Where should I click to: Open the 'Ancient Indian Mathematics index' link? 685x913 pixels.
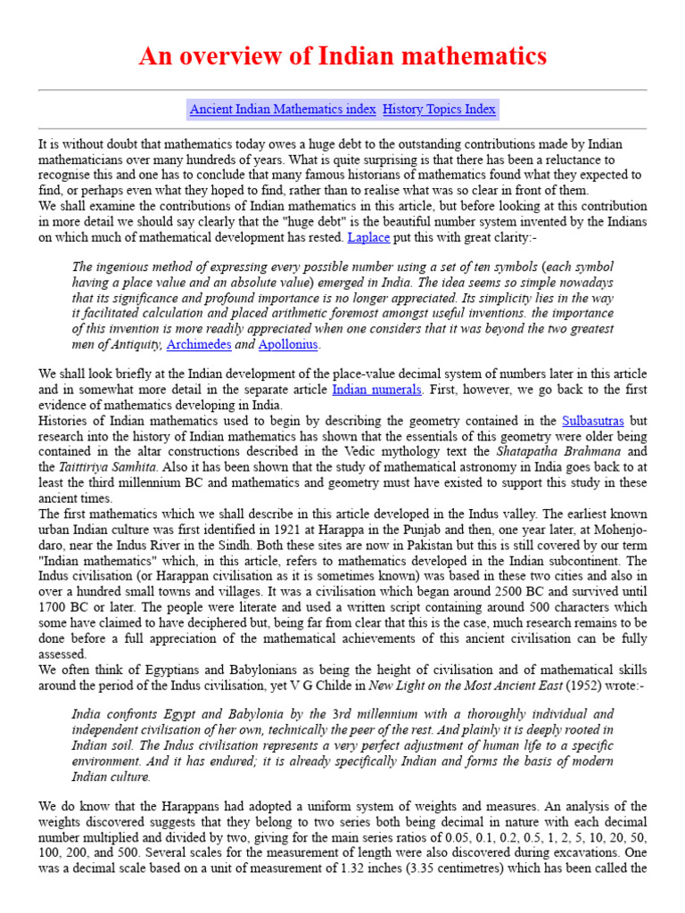tap(283, 110)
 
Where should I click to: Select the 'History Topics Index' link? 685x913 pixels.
tap(439, 110)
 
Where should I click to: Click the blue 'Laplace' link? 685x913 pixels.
tap(368, 238)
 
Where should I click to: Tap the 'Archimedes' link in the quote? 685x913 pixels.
tap(198, 344)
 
